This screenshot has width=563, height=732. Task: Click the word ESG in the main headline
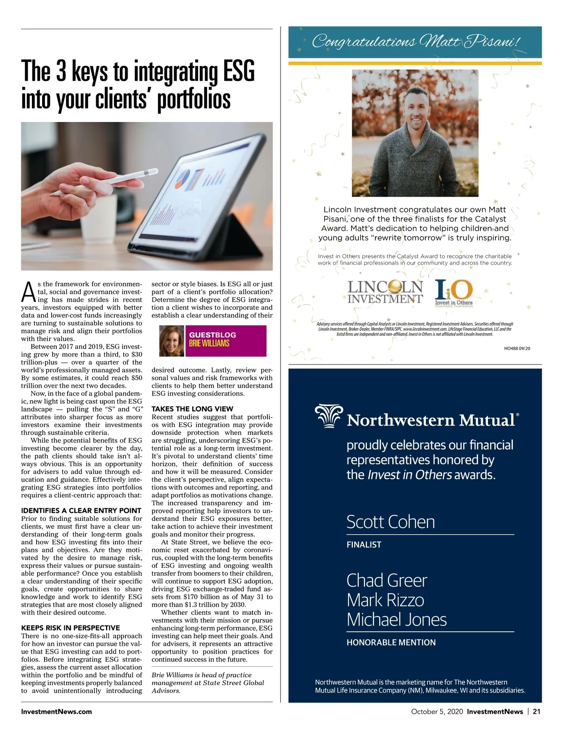238,72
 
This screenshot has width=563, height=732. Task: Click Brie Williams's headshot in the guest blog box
172,341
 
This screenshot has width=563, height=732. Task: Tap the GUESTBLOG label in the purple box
213,335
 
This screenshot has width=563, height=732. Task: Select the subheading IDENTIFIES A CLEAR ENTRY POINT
81,511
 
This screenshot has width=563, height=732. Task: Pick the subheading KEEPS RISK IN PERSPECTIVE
70,628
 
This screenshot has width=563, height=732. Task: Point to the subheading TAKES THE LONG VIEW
192,409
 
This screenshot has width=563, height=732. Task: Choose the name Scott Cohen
390,522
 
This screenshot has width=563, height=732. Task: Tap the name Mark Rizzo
385,600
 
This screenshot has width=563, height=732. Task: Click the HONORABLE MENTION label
391,642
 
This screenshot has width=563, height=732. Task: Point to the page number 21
537,711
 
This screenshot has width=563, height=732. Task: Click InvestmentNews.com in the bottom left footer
56,711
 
